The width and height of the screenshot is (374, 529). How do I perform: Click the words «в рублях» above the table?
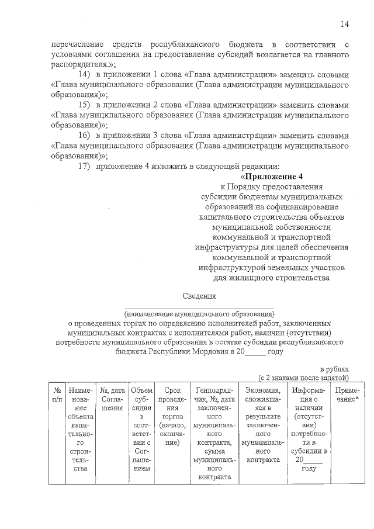pos(334,369)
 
